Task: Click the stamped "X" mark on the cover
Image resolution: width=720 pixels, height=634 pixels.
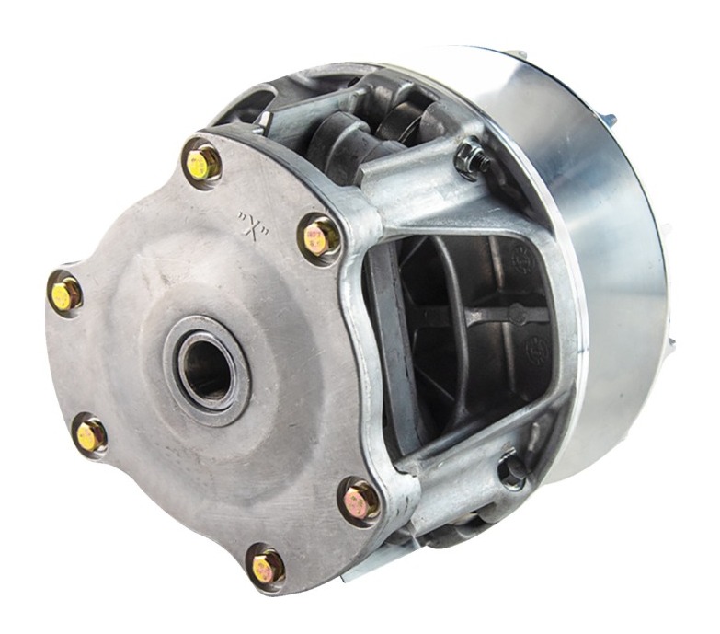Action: [253, 225]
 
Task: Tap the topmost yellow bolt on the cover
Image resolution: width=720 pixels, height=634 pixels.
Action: [202, 162]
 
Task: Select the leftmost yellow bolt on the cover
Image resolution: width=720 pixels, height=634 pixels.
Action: [65, 295]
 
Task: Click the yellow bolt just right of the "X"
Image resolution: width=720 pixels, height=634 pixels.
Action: [320, 238]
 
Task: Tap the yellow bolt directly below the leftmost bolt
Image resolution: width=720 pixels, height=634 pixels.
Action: [90, 434]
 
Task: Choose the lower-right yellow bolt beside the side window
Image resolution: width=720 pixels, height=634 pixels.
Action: [360, 501]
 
